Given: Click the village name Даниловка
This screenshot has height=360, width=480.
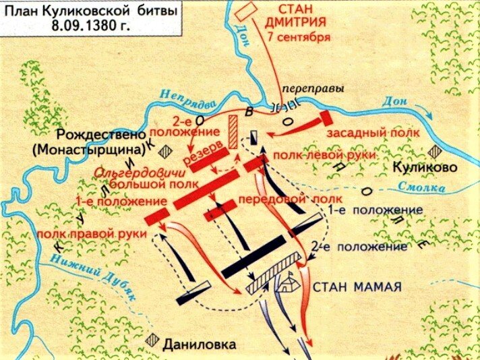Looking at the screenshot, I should click(x=200, y=344).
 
